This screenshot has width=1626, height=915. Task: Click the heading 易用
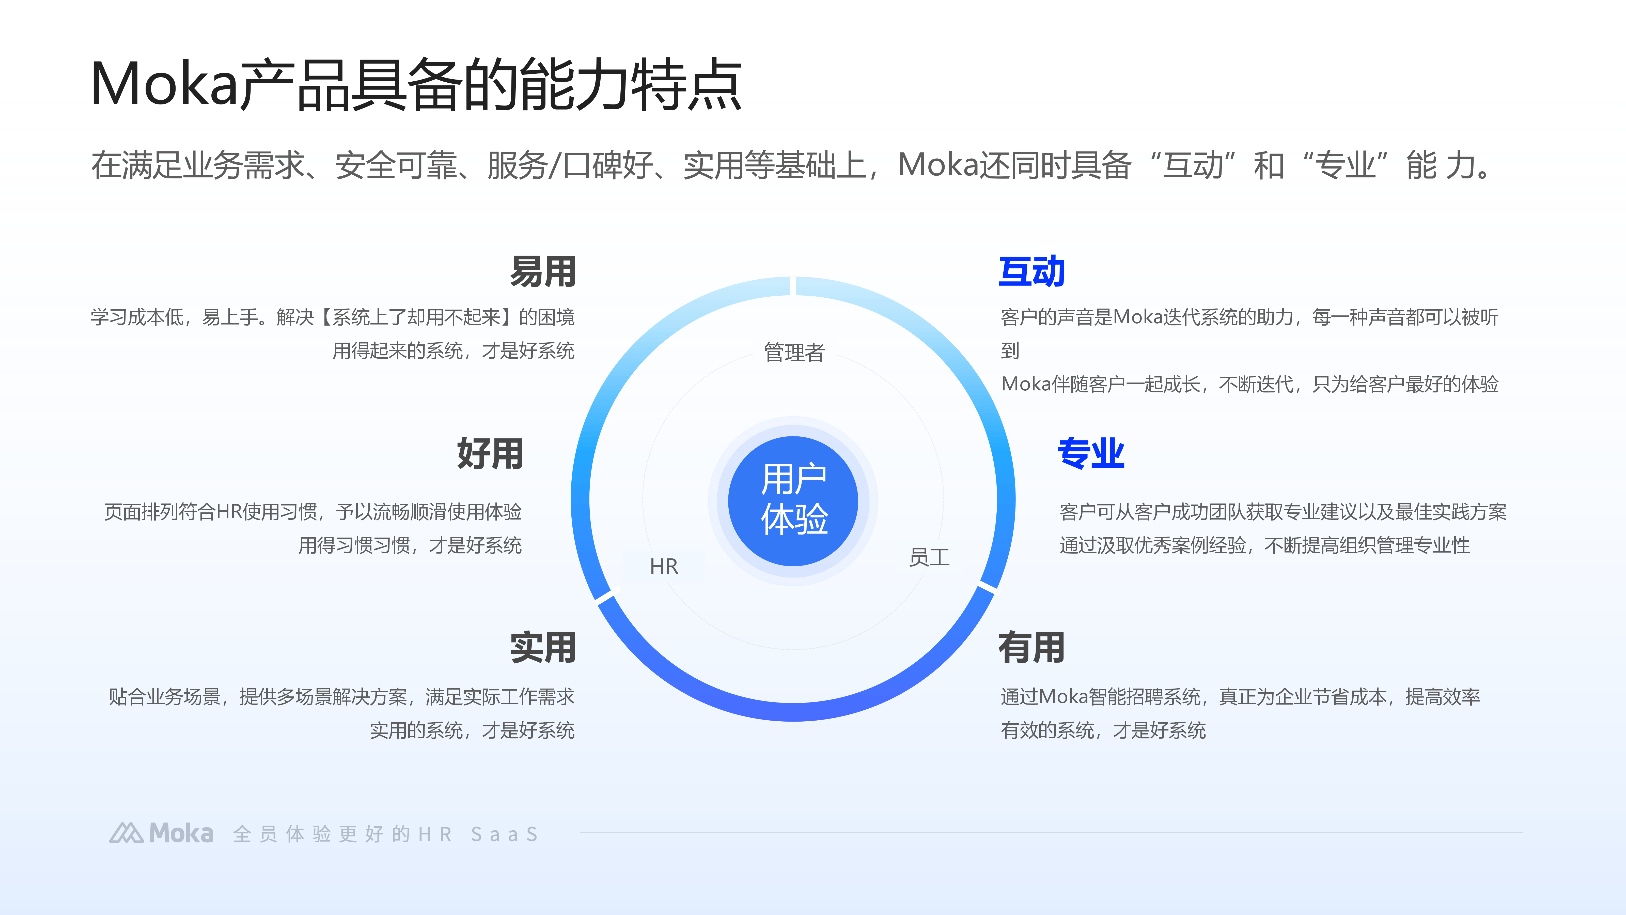(x=543, y=272)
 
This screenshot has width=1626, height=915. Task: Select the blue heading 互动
(x=1031, y=272)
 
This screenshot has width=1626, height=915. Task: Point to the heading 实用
(x=543, y=648)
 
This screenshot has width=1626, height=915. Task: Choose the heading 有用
(x=1031, y=648)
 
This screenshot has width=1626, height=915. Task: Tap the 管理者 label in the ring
(x=794, y=352)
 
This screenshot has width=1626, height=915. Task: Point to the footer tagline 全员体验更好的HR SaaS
(x=385, y=834)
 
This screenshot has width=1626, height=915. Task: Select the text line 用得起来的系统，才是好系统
(x=453, y=350)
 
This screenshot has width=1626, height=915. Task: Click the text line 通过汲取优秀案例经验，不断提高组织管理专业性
(x=1264, y=545)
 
